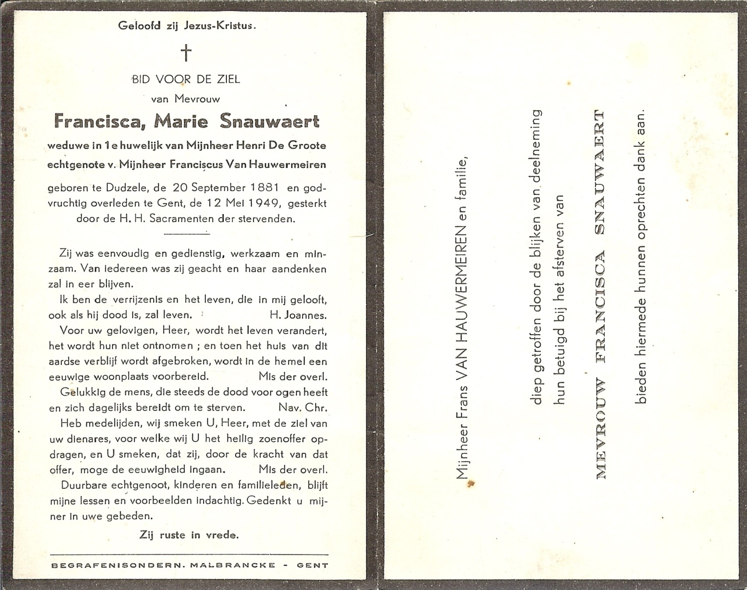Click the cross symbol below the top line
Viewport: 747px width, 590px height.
(x=186, y=53)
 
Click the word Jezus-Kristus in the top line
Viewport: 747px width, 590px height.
(x=219, y=25)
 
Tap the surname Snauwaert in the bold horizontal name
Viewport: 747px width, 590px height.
(x=270, y=121)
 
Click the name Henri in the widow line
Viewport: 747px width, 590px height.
(x=251, y=145)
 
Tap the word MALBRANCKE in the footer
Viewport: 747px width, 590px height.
(x=233, y=565)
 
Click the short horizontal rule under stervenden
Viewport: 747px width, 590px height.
(x=187, y=234)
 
